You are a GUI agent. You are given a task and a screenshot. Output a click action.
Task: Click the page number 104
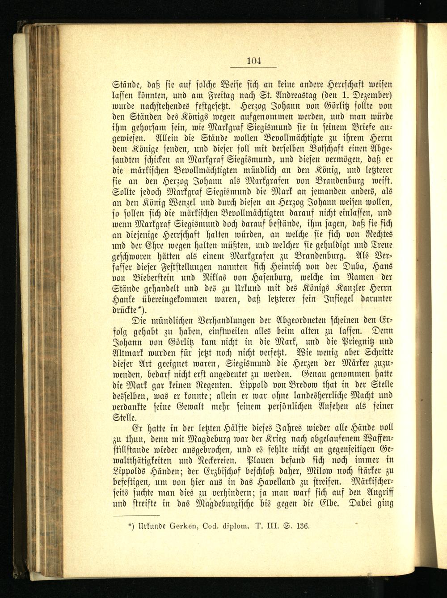coord(253,61)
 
